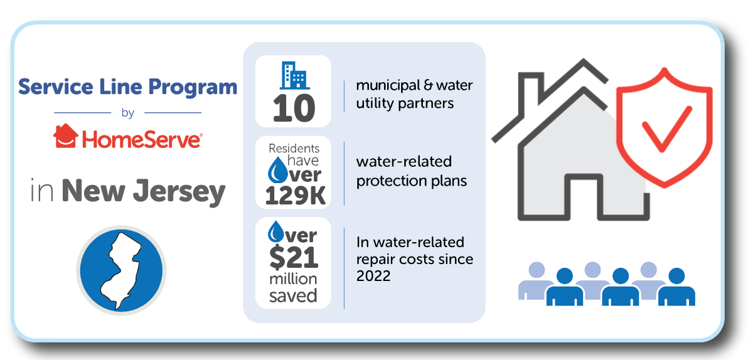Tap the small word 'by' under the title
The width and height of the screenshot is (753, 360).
(128, 114)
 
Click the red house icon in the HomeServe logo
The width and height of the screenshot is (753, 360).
(66, 135)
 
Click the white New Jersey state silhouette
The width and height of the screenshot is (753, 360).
(122, 270)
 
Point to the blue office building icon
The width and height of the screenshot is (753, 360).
(294, 75)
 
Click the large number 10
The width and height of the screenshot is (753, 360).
(294, 109)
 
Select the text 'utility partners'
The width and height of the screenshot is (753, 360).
(405, 103)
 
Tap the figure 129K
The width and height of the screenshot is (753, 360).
(295, 196)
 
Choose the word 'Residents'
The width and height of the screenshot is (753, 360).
(294, 148)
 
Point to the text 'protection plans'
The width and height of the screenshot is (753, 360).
(412, 181)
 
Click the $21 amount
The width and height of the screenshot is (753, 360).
(294, 258)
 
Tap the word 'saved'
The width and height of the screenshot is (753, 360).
(293, 296)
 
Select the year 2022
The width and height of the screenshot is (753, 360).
(373, 276)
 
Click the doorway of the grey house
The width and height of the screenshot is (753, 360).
(583, 197)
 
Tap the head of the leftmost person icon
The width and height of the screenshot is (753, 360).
(537, 270)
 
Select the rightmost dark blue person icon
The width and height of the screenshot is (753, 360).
(676, 287)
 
